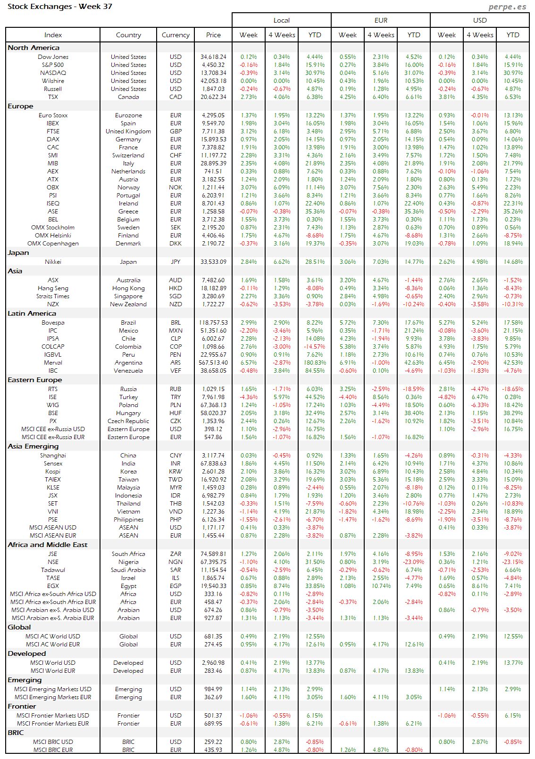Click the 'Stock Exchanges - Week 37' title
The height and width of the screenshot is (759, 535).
(x=60, y=7)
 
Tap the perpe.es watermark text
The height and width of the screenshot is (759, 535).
(x=507, y=7)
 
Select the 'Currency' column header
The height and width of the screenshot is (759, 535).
(x=176, y=35)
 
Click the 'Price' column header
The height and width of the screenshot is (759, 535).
(x=213, y=35)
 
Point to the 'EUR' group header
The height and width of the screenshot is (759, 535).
(x=381, y=20)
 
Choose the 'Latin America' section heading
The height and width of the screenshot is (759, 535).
(x=32, y=313)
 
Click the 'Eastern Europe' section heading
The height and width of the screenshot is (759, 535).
(x=35, y=380)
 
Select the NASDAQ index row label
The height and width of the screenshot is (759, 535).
(x=53, y=73)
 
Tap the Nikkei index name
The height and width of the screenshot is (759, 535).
(x=53, y=262)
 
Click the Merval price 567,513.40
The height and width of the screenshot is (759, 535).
(x=213, y=363)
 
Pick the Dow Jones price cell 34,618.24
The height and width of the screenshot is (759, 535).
(x=213, y=57)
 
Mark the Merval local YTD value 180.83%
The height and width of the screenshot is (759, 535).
(x=315, y=363)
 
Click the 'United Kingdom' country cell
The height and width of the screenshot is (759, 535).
(x=128, y=131)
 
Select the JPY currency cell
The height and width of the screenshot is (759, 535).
(x=176, y=262)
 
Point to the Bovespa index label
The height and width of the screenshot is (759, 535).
(x=53, y=323)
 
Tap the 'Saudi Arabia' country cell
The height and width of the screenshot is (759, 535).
(x=128, y=570)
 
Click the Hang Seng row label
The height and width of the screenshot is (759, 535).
(x=53, y=288)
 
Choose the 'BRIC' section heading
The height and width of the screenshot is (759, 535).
(x=16, y=733)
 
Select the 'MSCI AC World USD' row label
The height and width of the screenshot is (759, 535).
(x=53, y=637)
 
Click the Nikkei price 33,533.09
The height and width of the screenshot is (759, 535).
(x=213, y=262)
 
